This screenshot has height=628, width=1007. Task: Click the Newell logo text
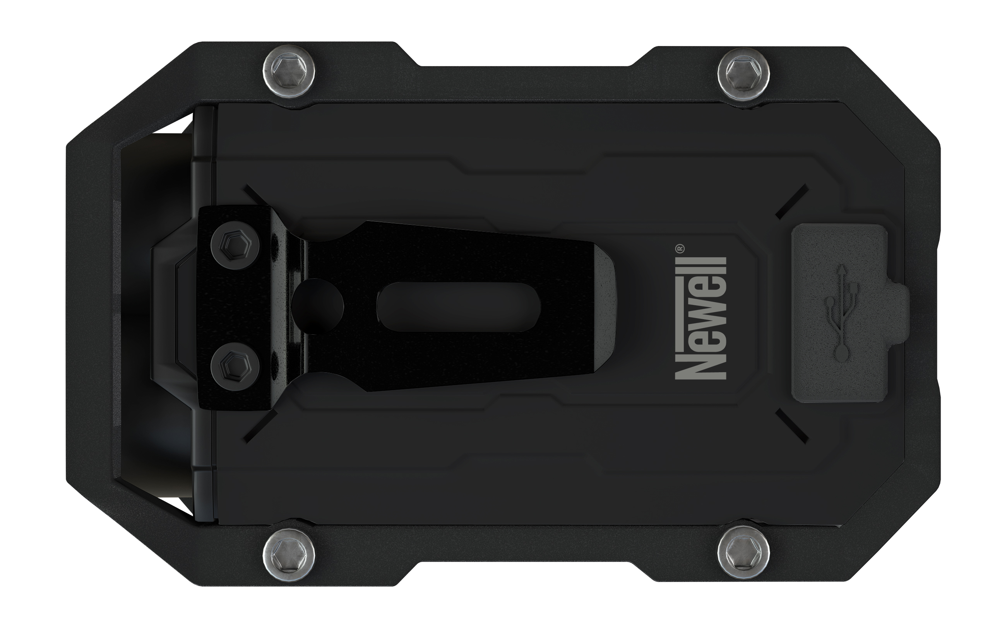(x=701, y=318)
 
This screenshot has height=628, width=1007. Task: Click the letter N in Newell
(x=701, y=366)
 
